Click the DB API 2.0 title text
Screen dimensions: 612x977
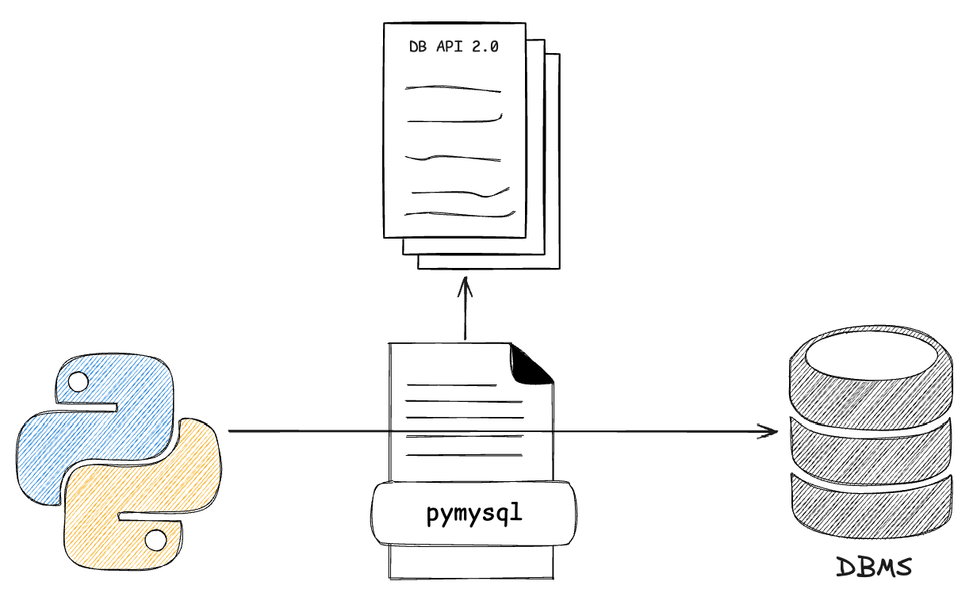(x=454, y=47)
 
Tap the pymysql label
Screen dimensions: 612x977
(x=475, y=514)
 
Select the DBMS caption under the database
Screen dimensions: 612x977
(x=875, y=568)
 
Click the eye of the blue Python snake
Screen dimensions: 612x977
(x=78, y=383)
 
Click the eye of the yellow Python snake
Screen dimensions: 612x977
(x=155, y=541)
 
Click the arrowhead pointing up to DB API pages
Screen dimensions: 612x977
(x=465, y=284)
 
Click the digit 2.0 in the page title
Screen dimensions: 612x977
(x=485, y=47)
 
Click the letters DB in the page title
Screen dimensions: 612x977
(x=418, y=47)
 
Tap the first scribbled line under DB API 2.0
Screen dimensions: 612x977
(x=453, y=89)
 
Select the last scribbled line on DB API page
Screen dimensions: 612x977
(x=460, y=213)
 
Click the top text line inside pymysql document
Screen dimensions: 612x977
(x=452, y=386)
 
